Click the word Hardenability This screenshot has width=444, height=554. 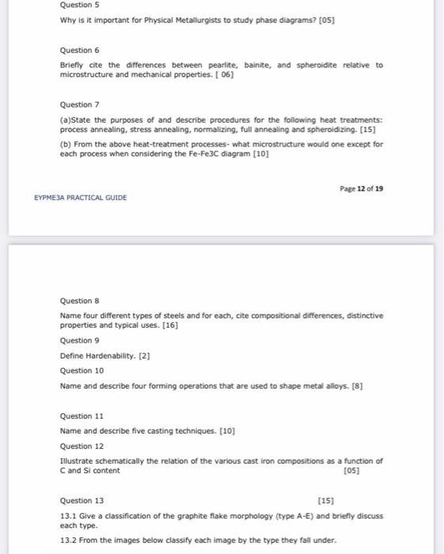pyautogui.click(x=110, y=355)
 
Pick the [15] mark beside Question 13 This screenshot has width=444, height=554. pyautogui.click(x=325, y=501)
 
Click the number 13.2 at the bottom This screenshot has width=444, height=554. pyautogui.click(x=68, y=541)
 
